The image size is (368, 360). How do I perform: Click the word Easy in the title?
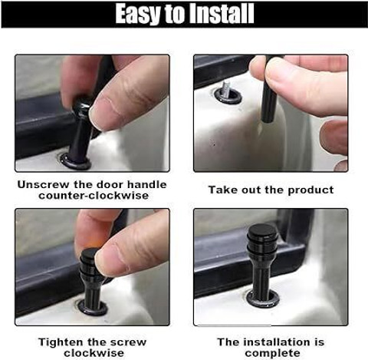point(138,14)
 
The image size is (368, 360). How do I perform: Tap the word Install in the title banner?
point(222,14)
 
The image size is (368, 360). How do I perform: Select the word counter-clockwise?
point(94,196)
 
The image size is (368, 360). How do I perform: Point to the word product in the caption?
point(310,190)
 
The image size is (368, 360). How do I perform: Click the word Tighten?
point(61,342)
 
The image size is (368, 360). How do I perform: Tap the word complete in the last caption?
point(272,354)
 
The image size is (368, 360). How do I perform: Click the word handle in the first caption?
point(146,185)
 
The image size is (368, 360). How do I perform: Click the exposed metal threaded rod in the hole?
point(226,88)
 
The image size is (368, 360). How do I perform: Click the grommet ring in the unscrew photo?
point(76,162)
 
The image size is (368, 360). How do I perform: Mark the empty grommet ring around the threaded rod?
point(228,96)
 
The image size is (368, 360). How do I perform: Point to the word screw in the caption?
point(130,342)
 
